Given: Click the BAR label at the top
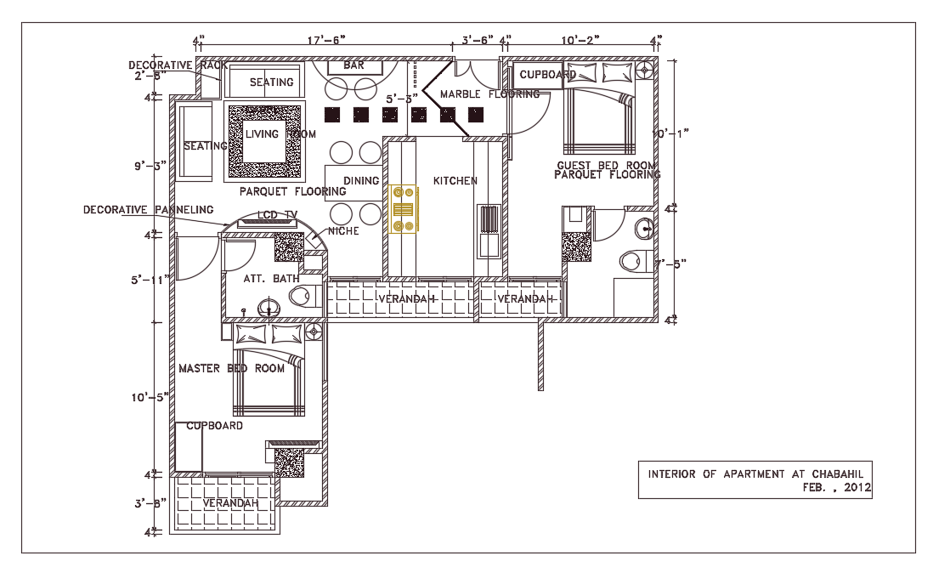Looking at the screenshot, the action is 353,65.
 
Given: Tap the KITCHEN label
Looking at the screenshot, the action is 455,181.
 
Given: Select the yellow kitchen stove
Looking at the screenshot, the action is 402,209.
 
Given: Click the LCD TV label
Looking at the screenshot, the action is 277,215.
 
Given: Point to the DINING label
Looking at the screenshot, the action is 361,181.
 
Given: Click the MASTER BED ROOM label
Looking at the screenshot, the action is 231,369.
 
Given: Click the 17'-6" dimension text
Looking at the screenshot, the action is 326,39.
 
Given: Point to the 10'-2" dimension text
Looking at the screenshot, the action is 580,39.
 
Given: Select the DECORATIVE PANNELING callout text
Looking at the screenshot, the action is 148,209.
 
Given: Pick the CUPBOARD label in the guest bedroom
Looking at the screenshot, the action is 548,75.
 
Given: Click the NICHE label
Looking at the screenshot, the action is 343,231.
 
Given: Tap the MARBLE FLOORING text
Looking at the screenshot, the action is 489,94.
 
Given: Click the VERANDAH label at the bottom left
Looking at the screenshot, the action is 229,504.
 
